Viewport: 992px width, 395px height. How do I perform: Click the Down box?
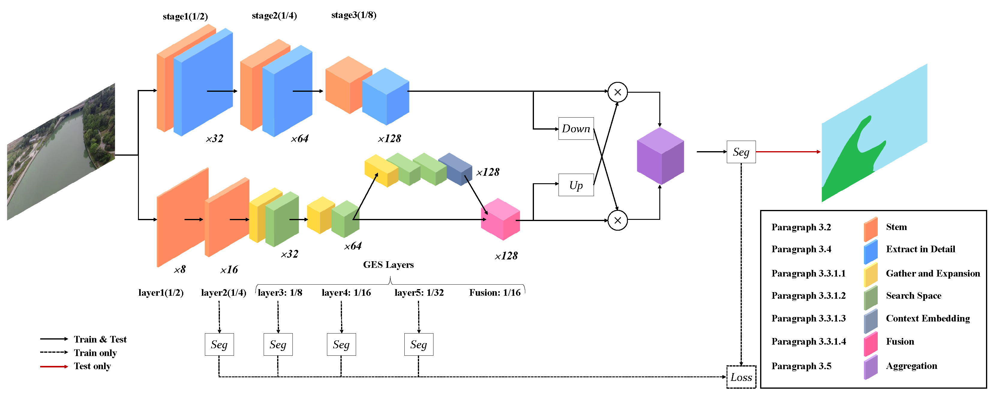(576, 129)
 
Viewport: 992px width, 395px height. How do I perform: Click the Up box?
(576, 185)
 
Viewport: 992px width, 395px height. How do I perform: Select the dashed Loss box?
(741, 377)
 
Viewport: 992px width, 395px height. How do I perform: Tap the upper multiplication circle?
(617, 92)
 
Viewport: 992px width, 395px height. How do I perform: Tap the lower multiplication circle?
(617, 220)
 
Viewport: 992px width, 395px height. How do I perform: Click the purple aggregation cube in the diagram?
(660, 156)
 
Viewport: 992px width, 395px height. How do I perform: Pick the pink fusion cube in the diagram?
(500, 220)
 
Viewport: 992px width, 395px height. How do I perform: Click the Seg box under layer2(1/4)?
(219, 344)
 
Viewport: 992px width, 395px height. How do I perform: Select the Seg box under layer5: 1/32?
(418, 344)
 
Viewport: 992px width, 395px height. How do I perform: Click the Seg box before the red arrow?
(741, 152)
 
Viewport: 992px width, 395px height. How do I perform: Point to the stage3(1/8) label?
(354, 15)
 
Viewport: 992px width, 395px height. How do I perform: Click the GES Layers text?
(388, 265)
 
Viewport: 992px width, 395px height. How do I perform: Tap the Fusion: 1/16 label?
(494, 293)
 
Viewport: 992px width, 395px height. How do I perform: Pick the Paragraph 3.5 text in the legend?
(801, 366)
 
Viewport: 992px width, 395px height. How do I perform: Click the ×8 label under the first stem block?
(179, 270)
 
